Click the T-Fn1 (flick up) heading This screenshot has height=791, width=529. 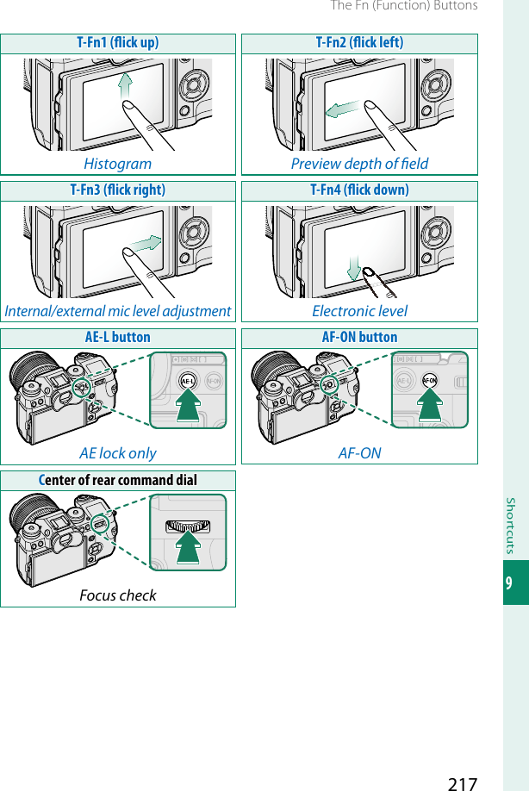[x=118, y=43]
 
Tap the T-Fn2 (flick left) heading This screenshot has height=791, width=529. [x=359, y=43]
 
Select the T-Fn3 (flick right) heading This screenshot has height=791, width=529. [x=118, y=190]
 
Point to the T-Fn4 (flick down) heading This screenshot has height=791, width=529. [x=359, y=190]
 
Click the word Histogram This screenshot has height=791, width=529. [x=118, y=164]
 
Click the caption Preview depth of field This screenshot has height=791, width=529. [x=359, y=164]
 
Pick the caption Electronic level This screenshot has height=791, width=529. [x=359, y=311]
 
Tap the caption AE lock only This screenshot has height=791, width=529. [x=118, y=453]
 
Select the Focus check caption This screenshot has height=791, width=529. [x=118, y=595]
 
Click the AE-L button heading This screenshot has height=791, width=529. [x=118, y=338]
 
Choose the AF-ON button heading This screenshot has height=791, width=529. [x=359, y=338]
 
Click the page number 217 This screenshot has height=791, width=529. [x=462, y=782]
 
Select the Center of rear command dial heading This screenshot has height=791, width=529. [x=118, y=480]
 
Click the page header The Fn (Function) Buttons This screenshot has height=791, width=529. [x=404, y=7]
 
